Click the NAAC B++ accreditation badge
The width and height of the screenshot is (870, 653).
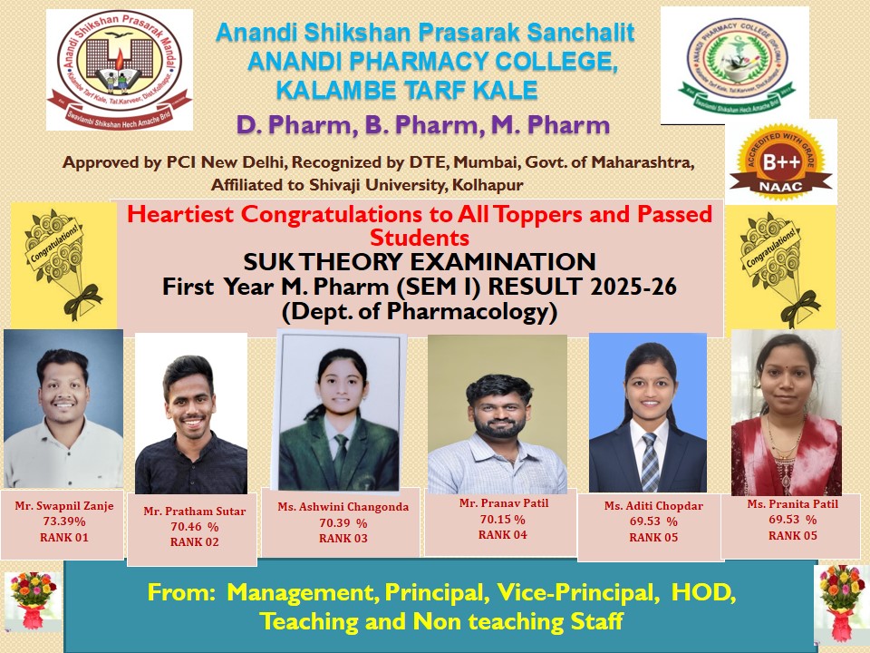(x=780, y=161)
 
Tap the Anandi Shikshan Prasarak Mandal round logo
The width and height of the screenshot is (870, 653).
(x=120, y=70)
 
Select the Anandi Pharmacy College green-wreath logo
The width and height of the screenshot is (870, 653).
(x=736, y=65)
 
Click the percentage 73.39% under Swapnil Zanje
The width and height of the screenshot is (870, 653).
(x=64, y=521)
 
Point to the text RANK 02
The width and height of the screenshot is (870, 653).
(x=194, y=542)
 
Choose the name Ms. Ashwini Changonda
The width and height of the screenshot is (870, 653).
(x=343, y=507)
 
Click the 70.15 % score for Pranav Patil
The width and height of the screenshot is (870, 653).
(x=503, y=520)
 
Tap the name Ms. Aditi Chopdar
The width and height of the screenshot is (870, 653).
(x=653, y=506)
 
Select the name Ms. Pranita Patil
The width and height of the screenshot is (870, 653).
(x=792, y=504)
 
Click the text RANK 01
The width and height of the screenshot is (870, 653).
(x=64, y=538)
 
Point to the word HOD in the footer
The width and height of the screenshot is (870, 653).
(x=703, y=592)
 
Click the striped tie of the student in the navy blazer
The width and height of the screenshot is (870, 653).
(x=649, y=462)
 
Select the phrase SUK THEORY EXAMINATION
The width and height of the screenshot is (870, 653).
(x=420, y=261)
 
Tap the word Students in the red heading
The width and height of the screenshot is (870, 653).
(x=420, y=238)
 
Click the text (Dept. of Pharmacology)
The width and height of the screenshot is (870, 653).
(x=420, y=311)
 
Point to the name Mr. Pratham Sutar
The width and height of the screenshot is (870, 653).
(x=194, y=512)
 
